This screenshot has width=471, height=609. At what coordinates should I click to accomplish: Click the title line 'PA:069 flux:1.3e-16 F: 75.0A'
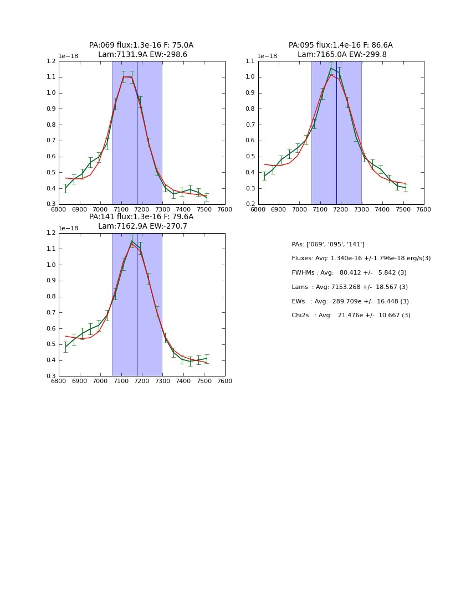(x=141, y=45)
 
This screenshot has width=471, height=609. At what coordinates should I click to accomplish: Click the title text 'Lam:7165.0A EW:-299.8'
(x=342, y=55)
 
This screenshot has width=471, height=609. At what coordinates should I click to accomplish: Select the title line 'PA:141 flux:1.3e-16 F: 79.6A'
(x=141, y=217)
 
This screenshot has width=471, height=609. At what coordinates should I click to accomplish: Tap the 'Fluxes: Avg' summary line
(x=361, y=259)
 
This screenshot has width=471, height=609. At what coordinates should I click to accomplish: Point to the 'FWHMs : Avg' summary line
(x=349, y=273)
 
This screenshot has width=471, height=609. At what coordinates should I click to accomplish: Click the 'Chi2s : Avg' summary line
(x=351, y=316)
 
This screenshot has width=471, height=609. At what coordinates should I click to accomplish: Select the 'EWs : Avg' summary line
(x=350, y=302)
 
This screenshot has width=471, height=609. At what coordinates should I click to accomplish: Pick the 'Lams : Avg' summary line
(x=350, y=287)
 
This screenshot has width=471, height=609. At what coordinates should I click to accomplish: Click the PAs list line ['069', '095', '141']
(x=328, y=245)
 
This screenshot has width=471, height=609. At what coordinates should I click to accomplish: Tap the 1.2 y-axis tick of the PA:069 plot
(x=51, y=61)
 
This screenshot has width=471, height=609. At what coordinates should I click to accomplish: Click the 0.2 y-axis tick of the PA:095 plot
(x=250, y=204)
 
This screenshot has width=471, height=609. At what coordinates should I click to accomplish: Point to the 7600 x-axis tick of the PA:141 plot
(x=225, y=381)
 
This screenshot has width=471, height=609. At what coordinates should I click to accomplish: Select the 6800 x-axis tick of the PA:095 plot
(x=258, y=209)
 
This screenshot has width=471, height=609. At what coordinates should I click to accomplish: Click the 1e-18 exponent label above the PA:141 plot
(x=69, y=228)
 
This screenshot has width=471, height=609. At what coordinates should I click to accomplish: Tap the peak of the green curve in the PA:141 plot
(x=132, y=241)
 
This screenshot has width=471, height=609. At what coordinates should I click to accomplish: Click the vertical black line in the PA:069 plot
(x=137, y=133)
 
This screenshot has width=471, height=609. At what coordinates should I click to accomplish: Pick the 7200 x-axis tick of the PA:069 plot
(x=142, y=209)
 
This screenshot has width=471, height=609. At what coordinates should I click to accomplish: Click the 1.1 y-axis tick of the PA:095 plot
(x=250, y=61)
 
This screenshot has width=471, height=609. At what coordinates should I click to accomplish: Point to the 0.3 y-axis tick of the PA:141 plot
(x=51, y=376)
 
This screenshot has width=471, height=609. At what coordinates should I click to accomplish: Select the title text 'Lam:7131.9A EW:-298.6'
(x=142, y=55)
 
